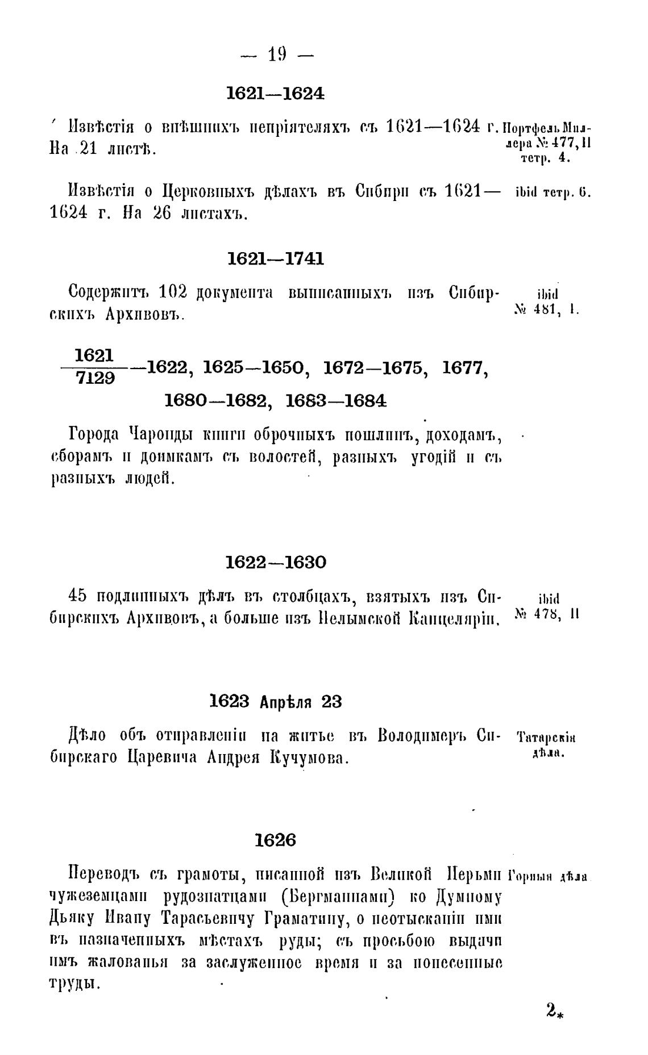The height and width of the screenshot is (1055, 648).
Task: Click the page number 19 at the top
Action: click(x=277, y=55)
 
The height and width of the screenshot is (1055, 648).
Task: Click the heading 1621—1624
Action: click(x=276, y=94)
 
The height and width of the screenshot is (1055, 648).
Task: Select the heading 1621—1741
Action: click(x=276, y=259)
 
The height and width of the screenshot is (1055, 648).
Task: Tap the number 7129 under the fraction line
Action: click(x=95, y=378)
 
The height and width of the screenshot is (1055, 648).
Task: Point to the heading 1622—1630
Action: click(x=276, y=563)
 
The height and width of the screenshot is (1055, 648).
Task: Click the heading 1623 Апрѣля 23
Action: click(x=276, y=702)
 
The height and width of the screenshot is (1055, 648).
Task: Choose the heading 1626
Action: click(x=276, y=840)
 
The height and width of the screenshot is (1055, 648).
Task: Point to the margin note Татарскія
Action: click(x=547, y=738)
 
